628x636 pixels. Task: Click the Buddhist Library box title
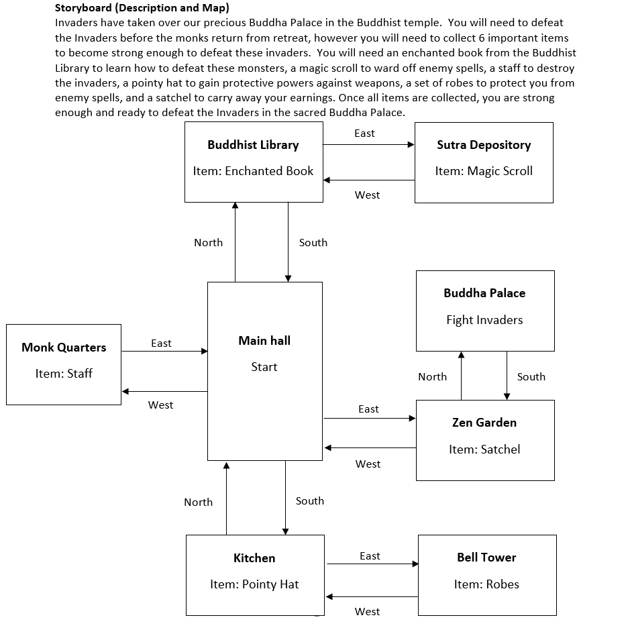click(x=253, y=145)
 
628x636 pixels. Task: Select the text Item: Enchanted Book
click(x=253, y=171)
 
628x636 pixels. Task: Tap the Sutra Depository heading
click(x=484, y=145)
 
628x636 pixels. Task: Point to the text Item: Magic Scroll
click(x=484, y=171)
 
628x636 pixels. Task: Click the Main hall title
click(x=264, y=341)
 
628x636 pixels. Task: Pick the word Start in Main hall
click(x=264, y=367)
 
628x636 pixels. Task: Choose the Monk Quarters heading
click(x=64, y=348)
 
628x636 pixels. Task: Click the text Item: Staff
click(x=64, y=374)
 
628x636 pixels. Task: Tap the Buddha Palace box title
click(x=484, y=293)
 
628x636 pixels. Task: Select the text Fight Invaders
click(x=484, y=320)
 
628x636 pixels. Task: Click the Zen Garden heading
click(x=484, y=423)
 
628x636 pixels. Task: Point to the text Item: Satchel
click(x=484, y=449)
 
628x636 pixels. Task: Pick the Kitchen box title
click(x=254, y=558)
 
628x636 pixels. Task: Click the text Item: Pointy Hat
click(x=254, y=584)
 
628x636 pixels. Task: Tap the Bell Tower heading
click(x=486, y=558)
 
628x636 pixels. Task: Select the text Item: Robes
click(x=486, y=584)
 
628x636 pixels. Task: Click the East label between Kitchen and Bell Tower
click(x=370, y=556)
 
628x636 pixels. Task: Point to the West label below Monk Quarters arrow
click(x=160, y=405)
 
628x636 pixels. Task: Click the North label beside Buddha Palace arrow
click(x=432, y=377)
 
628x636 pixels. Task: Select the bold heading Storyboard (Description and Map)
click(x=142, y=9)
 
